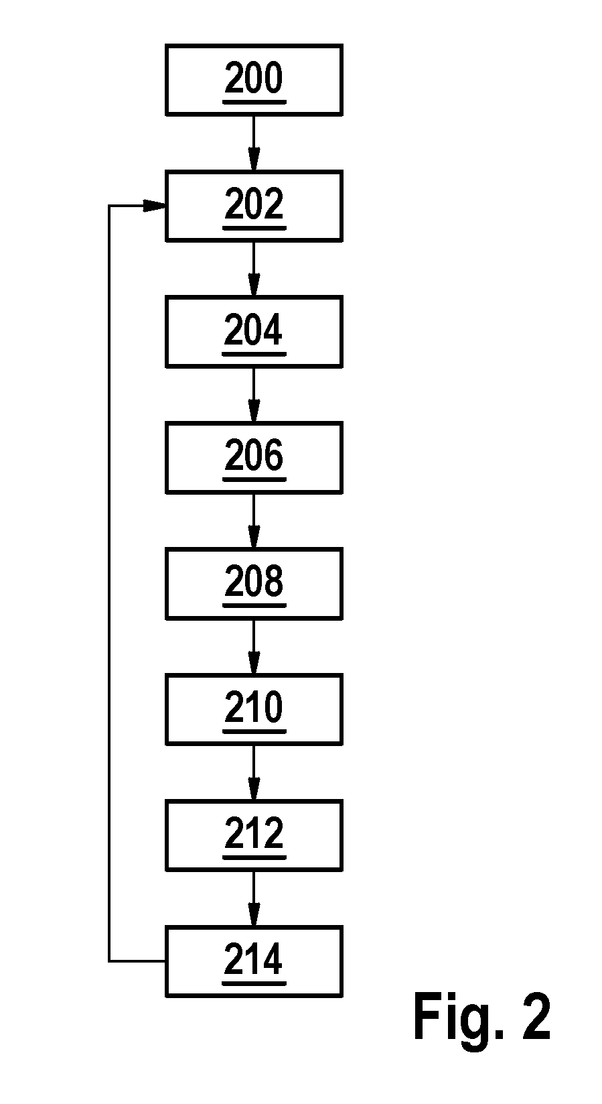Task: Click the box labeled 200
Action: point(254,80)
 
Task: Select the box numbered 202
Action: point(254,206)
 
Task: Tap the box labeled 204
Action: point(254,332)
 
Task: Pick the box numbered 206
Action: point(254,457)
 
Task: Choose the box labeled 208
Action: point(254,584)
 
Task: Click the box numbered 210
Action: point(254,709)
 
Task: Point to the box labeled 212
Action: point(254,835)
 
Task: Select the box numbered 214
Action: point(254,961)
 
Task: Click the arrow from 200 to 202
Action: point(254,143)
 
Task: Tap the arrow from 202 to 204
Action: point(254,269)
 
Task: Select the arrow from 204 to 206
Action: point(254,395)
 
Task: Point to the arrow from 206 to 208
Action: point(254,520)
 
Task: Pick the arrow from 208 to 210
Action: point(254,647)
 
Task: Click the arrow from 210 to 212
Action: point(254,772)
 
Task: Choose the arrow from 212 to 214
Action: point(254,898)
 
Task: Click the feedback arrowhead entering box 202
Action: point(154,206)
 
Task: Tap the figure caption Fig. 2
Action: point(482,1023)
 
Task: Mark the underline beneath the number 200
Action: point(254,102)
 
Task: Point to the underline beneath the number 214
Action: point(254,983)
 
